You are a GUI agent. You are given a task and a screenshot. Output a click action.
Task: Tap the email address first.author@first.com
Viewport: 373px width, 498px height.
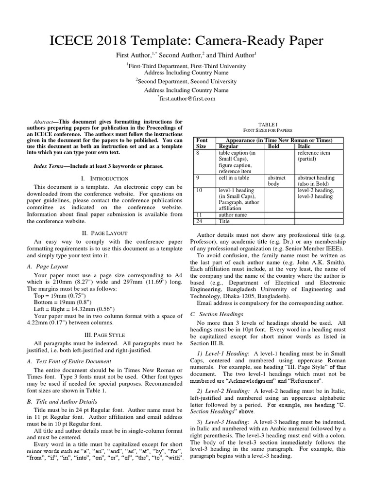coord(186,98)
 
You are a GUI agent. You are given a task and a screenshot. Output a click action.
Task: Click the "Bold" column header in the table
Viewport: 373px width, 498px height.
coord(274,146)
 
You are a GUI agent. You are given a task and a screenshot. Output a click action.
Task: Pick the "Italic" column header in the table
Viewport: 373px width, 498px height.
coord(305,146)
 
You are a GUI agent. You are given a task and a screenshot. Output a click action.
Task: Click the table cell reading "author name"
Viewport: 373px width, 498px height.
coord(233,214)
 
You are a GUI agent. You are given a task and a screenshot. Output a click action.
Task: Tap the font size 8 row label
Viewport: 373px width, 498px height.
coord(198,152)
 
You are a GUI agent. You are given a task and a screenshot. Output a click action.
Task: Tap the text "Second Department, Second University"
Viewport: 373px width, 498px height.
coord(187,82)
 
